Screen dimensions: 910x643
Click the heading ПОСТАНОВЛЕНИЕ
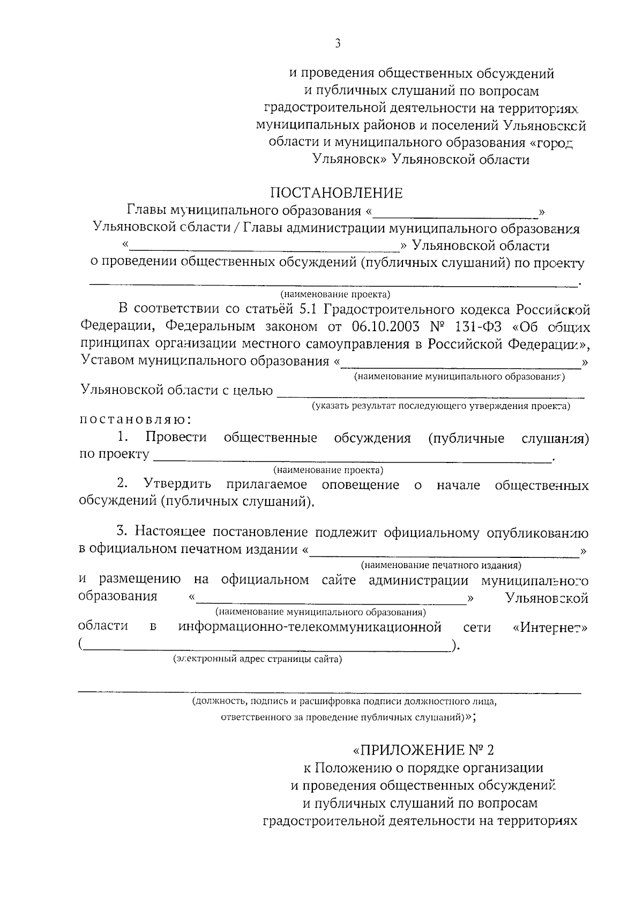(336, 193)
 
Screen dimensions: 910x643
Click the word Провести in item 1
(176, 437)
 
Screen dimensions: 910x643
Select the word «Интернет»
(550, 627)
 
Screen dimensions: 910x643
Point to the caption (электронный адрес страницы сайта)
(257, 659)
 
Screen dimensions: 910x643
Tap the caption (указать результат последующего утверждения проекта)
(441, 406)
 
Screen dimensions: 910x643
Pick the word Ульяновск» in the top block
(350, 160)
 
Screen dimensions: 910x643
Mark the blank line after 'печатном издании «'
(445, 556)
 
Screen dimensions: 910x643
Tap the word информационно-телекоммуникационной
(310, 626)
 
